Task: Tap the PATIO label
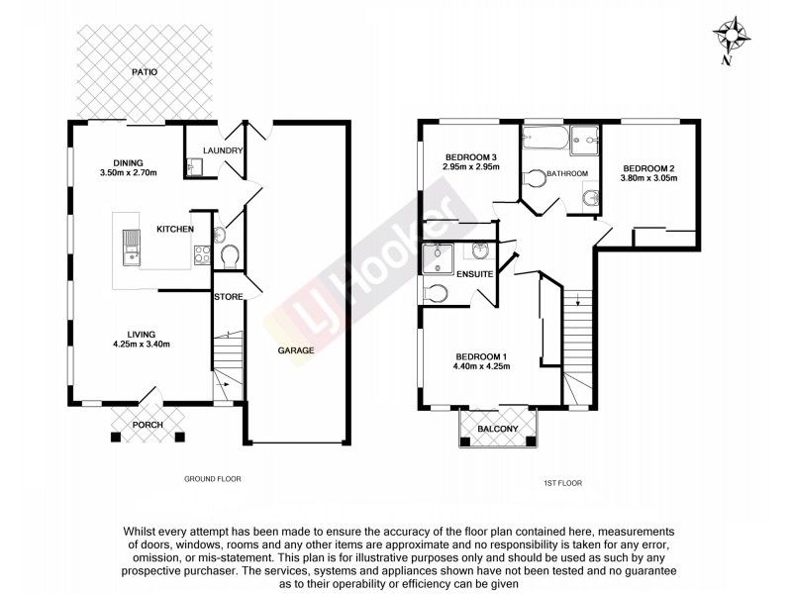145,72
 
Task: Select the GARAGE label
296,350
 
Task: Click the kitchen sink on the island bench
132,247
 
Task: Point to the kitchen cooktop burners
202,254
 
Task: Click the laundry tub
194,166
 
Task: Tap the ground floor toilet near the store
230,256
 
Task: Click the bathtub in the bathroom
545,138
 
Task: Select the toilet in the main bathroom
535,178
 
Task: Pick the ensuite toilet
436,292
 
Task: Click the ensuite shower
438,258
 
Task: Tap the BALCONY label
498,429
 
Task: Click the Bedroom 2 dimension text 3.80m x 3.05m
648,178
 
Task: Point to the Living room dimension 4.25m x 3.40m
142,345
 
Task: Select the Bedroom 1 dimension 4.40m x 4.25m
481,366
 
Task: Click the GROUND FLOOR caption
213,479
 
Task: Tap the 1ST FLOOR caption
562,483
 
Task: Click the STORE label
229,297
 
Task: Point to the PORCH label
148,425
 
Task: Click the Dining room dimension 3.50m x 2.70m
129,172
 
